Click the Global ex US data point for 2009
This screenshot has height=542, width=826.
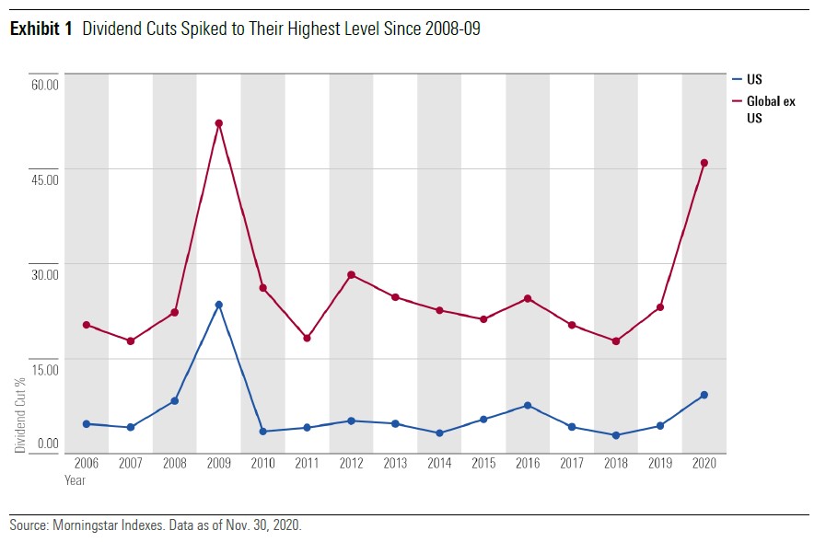click(x=218, y=123)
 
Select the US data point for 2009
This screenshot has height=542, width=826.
click(x=218, y=305)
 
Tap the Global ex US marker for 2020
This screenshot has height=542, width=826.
click(x=704, y=163)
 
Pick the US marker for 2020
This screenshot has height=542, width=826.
click(x=704, y=395)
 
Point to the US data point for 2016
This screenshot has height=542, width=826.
click(x=528, y=406)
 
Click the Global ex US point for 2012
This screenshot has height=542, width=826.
click(x=351, y=275)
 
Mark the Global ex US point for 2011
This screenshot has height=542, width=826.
click(x=307, y=338)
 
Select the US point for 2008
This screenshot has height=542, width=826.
click(x=174, y=401)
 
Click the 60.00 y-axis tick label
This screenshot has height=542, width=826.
click(x=44, y=85)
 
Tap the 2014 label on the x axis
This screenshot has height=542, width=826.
click(x=439, y=463)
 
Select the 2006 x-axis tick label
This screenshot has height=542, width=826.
click(x=86, y=463)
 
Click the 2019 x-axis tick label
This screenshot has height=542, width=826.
click(x=659, y=463)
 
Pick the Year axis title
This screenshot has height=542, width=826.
click(x=75, y=480)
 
